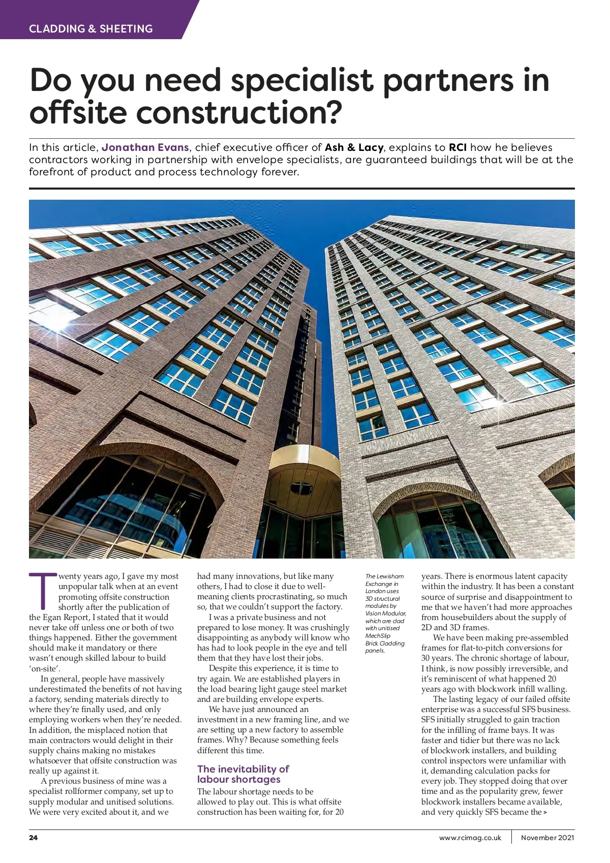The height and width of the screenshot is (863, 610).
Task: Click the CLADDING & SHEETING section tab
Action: point(90,29)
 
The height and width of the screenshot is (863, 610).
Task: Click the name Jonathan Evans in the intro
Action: point(145,147)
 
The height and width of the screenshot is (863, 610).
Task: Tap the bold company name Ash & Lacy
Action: point(354,147)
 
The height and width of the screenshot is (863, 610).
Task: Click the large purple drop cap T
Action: point(43,591)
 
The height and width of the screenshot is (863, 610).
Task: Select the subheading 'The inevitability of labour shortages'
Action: point(243,774)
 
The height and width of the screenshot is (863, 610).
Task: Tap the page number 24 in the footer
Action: point(34,838)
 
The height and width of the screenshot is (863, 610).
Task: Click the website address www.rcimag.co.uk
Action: point(470,838)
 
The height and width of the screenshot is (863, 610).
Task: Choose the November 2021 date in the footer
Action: point(547,838)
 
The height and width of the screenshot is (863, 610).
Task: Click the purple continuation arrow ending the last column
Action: point(545,812)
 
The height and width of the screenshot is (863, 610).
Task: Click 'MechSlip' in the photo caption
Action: point(378,636)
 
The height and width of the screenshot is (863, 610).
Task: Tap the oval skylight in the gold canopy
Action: point(298,489)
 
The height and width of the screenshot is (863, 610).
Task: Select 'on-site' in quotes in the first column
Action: point(44,669)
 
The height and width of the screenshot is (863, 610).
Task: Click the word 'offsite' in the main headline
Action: point(78,113)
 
